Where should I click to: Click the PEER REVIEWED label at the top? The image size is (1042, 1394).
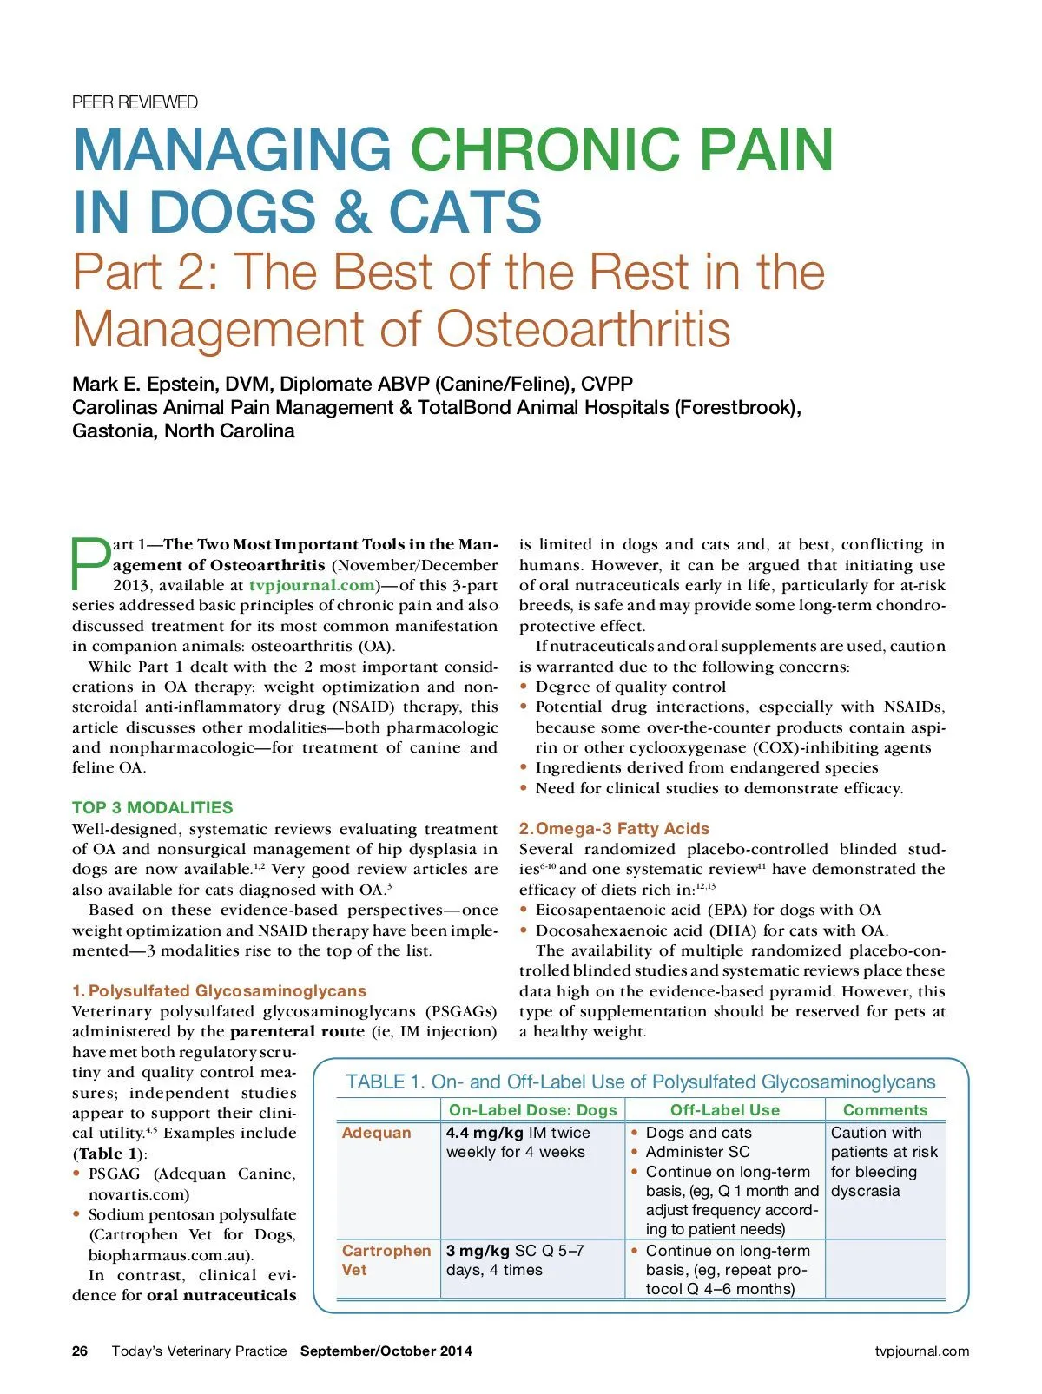[135, 102]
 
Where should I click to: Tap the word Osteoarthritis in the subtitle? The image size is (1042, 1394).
[583, 330]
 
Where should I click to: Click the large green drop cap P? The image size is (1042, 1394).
[90, 564]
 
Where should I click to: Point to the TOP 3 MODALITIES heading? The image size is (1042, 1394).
[152, 807]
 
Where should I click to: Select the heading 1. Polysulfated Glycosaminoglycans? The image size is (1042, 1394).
[219, 990]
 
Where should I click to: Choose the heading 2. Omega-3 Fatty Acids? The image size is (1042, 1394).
[614, 828]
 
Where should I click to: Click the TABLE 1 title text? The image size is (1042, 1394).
[641, 1082]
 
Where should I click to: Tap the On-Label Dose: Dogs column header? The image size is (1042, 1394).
[532, 1109]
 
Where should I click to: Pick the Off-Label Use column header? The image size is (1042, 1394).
[724, 1109]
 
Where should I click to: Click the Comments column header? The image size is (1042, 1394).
[885, 1109]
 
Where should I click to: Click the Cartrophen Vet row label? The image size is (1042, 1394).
[386, 1259]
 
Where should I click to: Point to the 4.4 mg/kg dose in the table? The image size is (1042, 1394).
[485, 1133]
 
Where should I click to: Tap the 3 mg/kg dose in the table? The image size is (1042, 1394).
[478, 1251]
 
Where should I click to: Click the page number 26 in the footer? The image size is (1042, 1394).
[80, 1351]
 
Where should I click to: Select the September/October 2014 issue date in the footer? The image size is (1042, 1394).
[386, 1351]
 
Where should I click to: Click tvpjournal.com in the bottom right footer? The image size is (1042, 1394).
[921, 1351]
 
